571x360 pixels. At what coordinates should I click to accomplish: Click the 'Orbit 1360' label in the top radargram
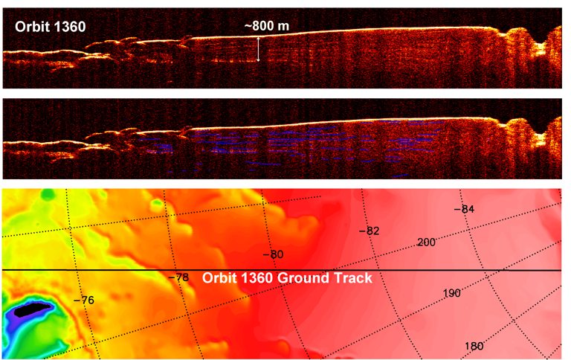coord(49,27)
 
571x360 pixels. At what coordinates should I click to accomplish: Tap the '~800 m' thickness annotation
coord(267,26)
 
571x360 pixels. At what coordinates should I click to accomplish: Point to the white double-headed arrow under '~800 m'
coord(259,49)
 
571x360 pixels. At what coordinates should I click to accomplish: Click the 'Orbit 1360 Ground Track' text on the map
coord(286,278)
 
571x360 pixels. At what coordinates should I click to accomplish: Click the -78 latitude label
coord(179,277)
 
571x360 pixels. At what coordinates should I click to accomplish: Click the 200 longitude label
coord(427,242)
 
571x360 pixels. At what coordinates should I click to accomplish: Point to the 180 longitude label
coord(474,346)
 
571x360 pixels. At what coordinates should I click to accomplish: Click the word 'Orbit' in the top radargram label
coord(30,27)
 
